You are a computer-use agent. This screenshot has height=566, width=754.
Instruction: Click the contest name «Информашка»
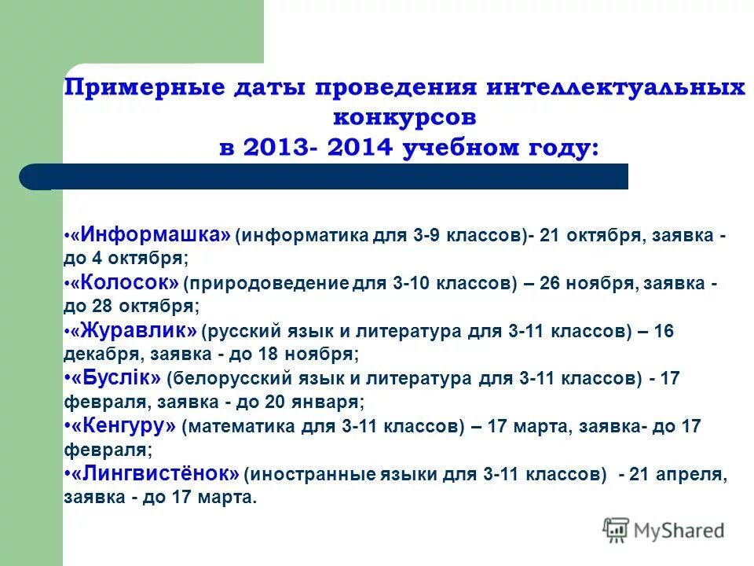click(x=150, y=235)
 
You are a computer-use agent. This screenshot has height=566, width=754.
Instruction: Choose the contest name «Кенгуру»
click(x=123, y=427)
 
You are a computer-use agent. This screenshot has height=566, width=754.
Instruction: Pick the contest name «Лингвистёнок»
click(x=155, y=474)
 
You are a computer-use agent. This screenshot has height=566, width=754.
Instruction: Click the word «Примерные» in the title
click(x=146, y=88)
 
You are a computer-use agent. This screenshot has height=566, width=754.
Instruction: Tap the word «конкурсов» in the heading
click(x=404, y=118)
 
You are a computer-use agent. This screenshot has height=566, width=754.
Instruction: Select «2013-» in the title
click(x=276, y=148)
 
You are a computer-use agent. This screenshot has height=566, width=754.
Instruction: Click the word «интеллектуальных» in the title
click(x=615, y=88)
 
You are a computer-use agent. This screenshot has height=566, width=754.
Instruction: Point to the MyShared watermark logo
click(x=664, y=530)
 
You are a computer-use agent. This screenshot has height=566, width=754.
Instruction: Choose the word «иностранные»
click(x=295, y=476)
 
